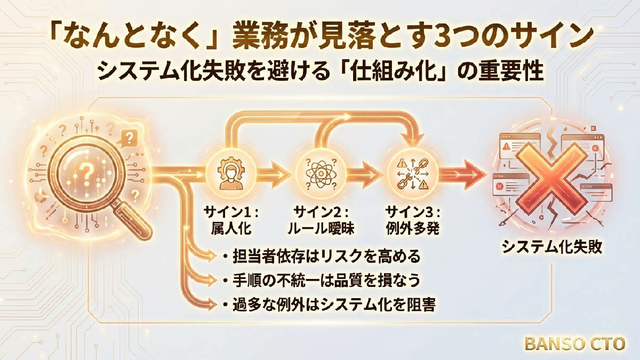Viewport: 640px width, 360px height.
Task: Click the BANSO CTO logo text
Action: pos(575,343)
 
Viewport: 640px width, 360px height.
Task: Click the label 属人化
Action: pos(231,228)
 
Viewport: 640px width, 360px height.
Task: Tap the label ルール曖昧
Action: pos(321,228)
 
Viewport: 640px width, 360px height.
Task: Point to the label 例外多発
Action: pos(413,228)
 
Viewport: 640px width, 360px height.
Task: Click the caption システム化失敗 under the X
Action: pos(552,247)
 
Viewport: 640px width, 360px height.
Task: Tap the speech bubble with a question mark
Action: pos(129,139)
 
